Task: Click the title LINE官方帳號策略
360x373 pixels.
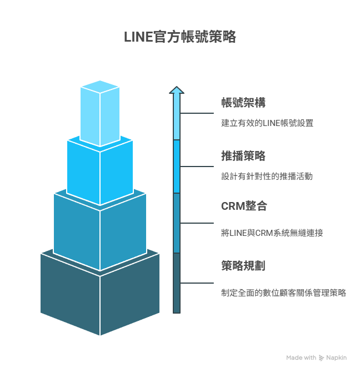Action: click(180, 37)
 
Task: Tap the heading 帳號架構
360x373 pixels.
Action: click(243, 103)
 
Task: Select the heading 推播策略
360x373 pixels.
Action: click(243, 156)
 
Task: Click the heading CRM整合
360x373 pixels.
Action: click(244, 206)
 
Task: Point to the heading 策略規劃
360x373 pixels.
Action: click(243, 266)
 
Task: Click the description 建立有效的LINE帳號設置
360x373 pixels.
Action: click(267, 123)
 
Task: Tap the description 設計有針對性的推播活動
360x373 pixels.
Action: click(267, 177)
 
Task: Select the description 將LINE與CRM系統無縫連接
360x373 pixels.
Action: click(272, 233)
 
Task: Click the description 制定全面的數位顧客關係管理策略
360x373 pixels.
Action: click(283, 293)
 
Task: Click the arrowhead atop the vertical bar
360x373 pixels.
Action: click(177, 90)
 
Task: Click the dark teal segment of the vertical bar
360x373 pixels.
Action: click(177, 283)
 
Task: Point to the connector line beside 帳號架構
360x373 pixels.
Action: click(197, 113)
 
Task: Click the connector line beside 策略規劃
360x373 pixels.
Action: click(197, 283)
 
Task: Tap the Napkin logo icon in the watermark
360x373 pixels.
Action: click(322, 358)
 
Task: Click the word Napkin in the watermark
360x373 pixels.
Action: click(337, 358)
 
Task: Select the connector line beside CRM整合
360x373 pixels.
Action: click(197, 223)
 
